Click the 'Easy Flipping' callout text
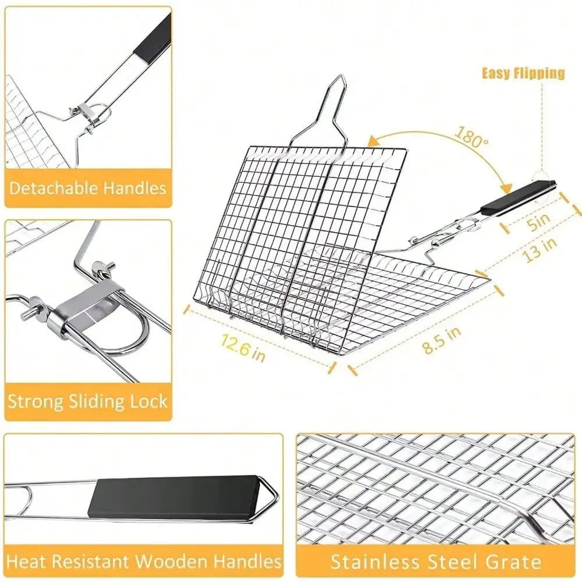pyautogui.click(x=523, y=73)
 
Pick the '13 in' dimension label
pyautogui.click(x=541, y=249)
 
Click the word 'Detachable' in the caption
pyautogui.click(x=54, y=188)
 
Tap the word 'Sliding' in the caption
pyautogui.click(x=102, y=401)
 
